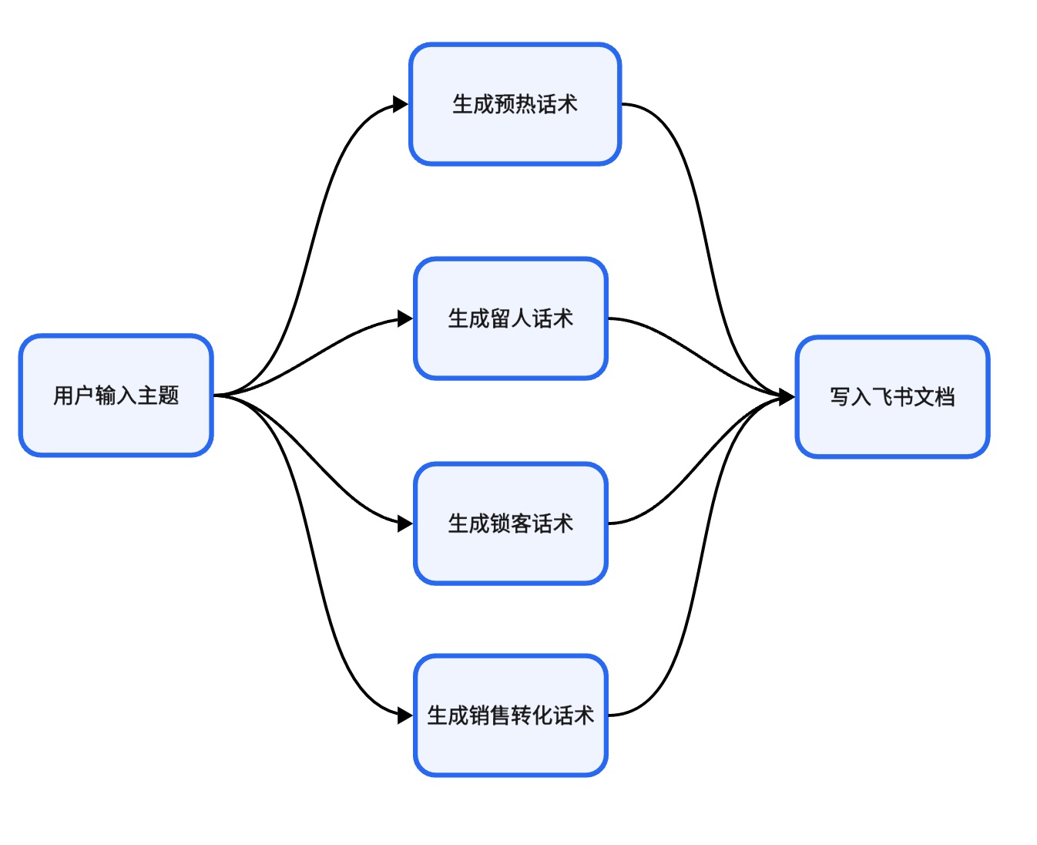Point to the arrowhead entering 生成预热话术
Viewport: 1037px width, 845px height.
click(401, 104)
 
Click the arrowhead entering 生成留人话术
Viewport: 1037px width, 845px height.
click(405, 318)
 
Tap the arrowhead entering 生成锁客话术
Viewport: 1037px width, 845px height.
click(405, 523)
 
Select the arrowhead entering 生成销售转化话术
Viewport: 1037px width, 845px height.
click(405, 715)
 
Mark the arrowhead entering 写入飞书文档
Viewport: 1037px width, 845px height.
click(787, 397)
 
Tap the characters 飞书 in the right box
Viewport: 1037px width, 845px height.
click(892, 397)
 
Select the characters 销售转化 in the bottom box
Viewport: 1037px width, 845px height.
click(510, 715)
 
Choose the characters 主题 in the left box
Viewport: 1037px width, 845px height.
click(158, 396)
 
